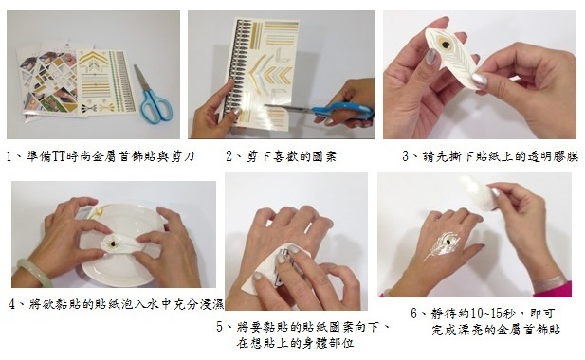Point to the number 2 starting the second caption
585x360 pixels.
pos(230,155)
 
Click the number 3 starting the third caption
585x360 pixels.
pos(405,155)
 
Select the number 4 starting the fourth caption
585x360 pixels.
pos(10,305)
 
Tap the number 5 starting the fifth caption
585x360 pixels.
pos(220,327)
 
